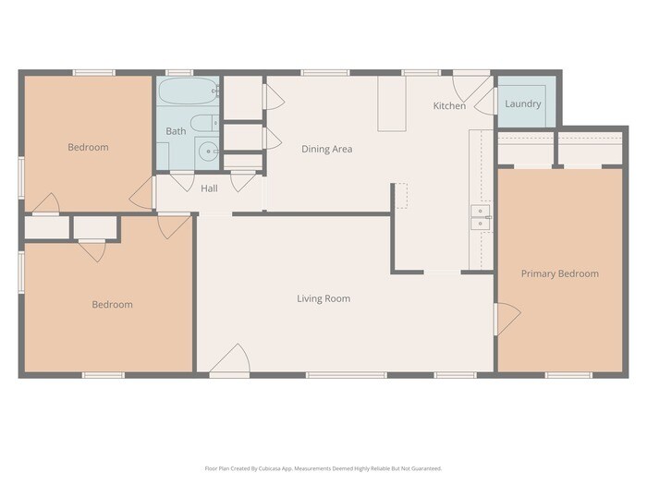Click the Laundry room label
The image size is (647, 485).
[523, 103]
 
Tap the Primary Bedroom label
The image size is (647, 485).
[560, 273]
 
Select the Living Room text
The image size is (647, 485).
[323, 298]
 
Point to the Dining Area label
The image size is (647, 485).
[327, 149]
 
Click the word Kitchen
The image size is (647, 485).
[449, 106]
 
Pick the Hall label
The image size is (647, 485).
[209, 188]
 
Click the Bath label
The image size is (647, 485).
[176, 131]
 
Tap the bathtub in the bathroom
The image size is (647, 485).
[189, 91]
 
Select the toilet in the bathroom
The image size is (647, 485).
[204, 123]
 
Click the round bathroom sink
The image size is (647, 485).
[208, 152]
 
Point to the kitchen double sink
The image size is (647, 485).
[481, 217]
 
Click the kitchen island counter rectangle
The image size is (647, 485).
[392, 103]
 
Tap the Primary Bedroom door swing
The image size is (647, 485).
[507, 319]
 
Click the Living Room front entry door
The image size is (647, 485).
[230, 359]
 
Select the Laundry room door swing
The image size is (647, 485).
[485, 102]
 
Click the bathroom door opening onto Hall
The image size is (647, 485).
[182, 181]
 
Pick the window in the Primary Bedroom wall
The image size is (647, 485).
[568, 375]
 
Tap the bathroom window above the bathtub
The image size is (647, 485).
[179, 73]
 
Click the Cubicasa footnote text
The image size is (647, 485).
[323, 468]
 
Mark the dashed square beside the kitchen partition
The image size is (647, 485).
[401, 196]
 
